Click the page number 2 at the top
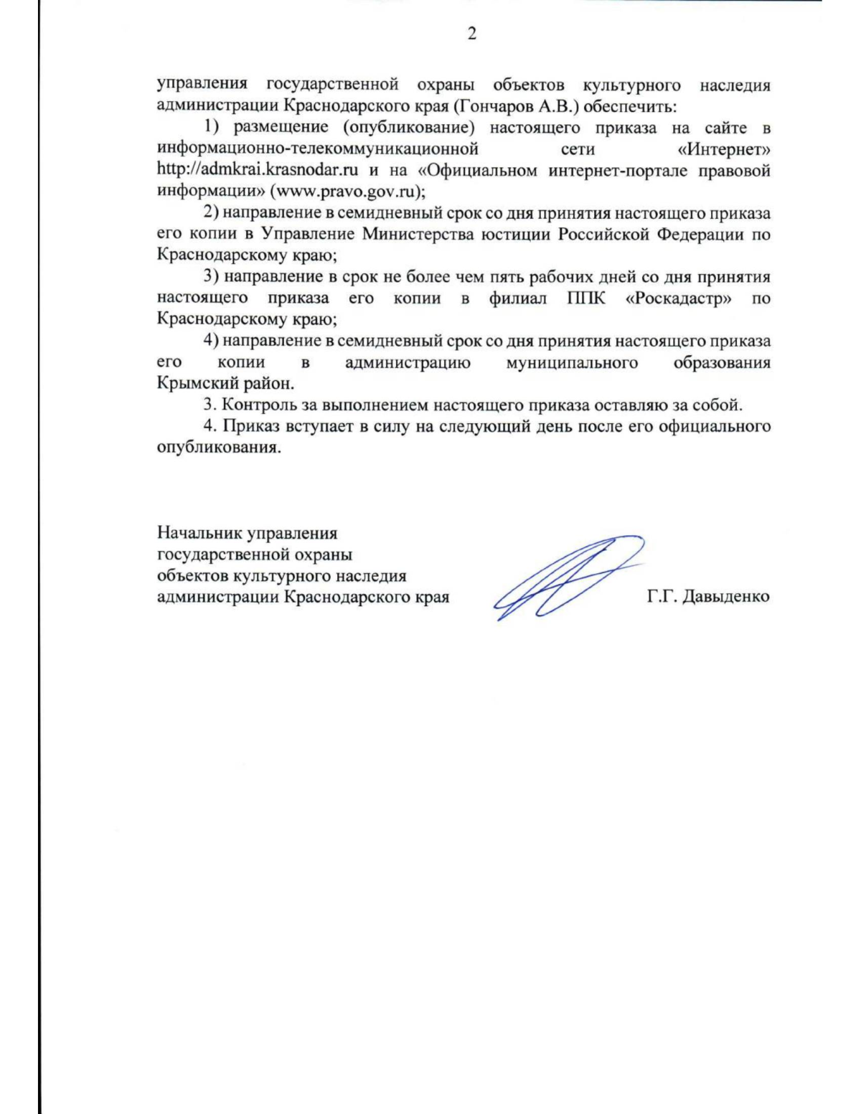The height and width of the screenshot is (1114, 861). (x=471, y=34)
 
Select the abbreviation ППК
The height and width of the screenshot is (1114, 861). (x=585, y=298)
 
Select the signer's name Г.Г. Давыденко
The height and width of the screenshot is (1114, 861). (x=707, y=596)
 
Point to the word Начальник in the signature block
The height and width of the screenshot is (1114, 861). (x=199, y=533)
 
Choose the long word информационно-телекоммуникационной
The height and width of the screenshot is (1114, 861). (x=317, y=149)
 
